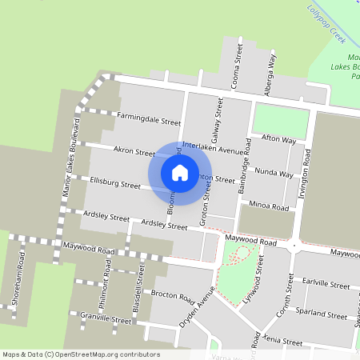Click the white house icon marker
pos(180,172)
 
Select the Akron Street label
pos(134,150)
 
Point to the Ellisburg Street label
pos(115,184)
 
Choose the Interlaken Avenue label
pos(217,147)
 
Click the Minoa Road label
pos(269,206)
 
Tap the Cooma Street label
pos(238,66)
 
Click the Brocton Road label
pos(173,296)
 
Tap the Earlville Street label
pos(327,285)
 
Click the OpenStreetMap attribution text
pos(81,354)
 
